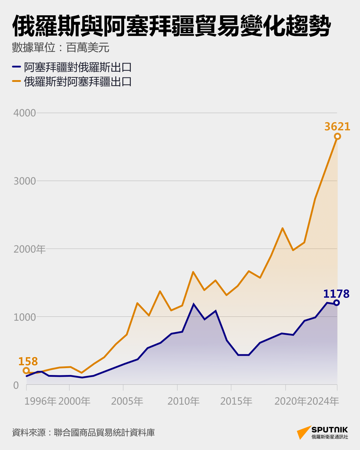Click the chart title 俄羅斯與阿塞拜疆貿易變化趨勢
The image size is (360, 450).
pos(171,26)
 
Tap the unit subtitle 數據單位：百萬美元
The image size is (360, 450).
pos(61,48)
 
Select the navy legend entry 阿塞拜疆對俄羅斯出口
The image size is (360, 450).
pos(78,67)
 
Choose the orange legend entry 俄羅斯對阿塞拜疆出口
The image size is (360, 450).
pos(78,82)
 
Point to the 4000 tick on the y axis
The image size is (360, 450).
pos(25,113)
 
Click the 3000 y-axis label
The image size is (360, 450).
pos(25,181)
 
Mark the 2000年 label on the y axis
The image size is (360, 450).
pos(29,249)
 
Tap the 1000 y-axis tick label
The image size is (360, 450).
pos(25,317)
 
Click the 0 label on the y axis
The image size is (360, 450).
pos(16,385)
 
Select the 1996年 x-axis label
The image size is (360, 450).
pos(40,401)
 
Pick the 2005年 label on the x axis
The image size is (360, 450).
pos(127,401)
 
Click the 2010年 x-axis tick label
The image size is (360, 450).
pos(183,401)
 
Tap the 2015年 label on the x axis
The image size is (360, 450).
pos(236,401)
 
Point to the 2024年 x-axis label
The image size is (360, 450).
pos(323,401)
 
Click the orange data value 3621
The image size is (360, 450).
pos(337,127)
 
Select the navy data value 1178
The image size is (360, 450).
pos(336,294)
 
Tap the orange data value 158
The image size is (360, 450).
pos(28,361)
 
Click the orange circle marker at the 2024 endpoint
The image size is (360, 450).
pos(337,136)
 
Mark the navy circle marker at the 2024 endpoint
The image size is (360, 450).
pos(337,303)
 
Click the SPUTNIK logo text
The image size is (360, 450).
pos(329,430)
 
